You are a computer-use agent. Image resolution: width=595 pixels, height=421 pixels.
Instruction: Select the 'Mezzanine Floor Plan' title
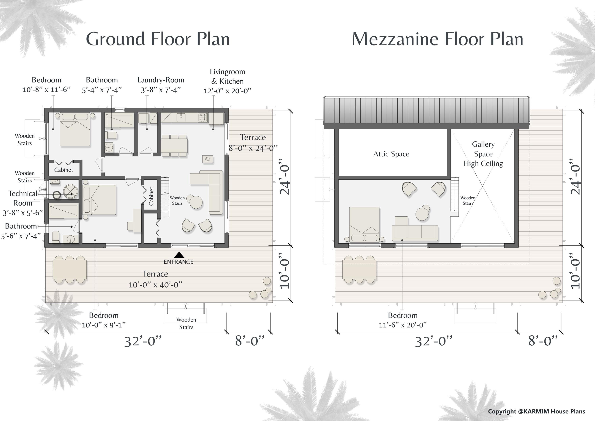pyautogui.click(x=438, y=39)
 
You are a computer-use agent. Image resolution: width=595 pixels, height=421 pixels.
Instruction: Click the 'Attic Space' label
pyautogui.click(x=391, y=154)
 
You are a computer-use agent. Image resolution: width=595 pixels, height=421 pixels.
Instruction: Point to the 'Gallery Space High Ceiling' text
pyautogui.click(x=483, y=154)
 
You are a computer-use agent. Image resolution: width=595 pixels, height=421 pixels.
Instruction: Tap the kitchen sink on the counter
pyautogui.click(x=181, y=117)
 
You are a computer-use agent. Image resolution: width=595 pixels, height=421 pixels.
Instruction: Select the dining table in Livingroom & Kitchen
pyautogui.click(x=174, y=145)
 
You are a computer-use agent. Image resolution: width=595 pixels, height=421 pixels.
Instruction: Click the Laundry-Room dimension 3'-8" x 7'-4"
pyautogui.click(x=161, y=90)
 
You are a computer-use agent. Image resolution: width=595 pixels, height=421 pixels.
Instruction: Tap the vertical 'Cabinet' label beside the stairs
pyautogui.click(x=151, y=196)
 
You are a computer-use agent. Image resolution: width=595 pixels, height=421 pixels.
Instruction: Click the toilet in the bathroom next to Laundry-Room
pyautogui.click(x=111, y=135)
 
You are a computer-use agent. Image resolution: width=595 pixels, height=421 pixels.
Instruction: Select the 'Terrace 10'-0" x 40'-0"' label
pyautogui.click(x=155, y=279)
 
